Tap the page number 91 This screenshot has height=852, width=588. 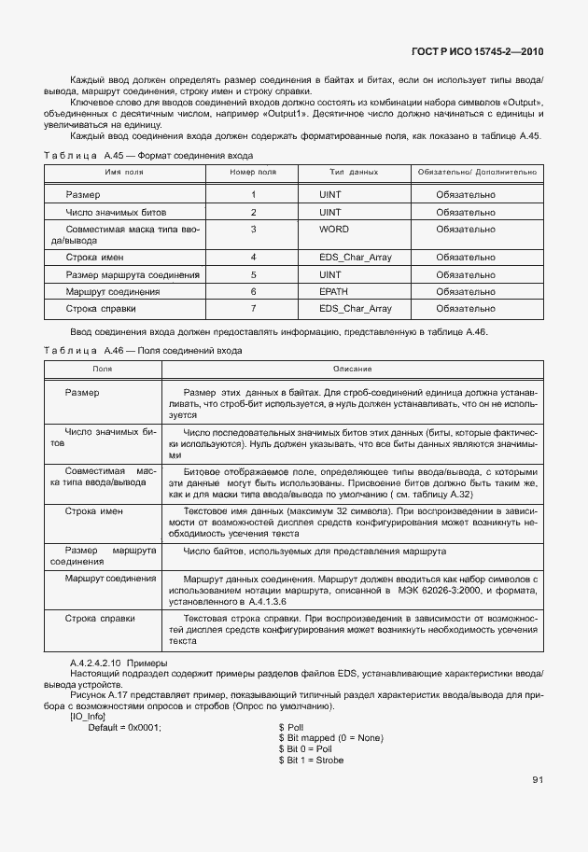538,779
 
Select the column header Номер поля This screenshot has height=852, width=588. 253,173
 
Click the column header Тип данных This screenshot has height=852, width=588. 354,173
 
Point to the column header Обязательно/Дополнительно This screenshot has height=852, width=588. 477,173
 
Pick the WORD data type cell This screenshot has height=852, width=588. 333,229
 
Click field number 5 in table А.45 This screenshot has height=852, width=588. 253,275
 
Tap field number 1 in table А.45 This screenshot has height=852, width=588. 253,195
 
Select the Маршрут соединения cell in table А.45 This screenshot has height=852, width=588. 113,292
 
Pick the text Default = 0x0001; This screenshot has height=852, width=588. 124,727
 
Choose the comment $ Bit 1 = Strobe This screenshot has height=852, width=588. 311,761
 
